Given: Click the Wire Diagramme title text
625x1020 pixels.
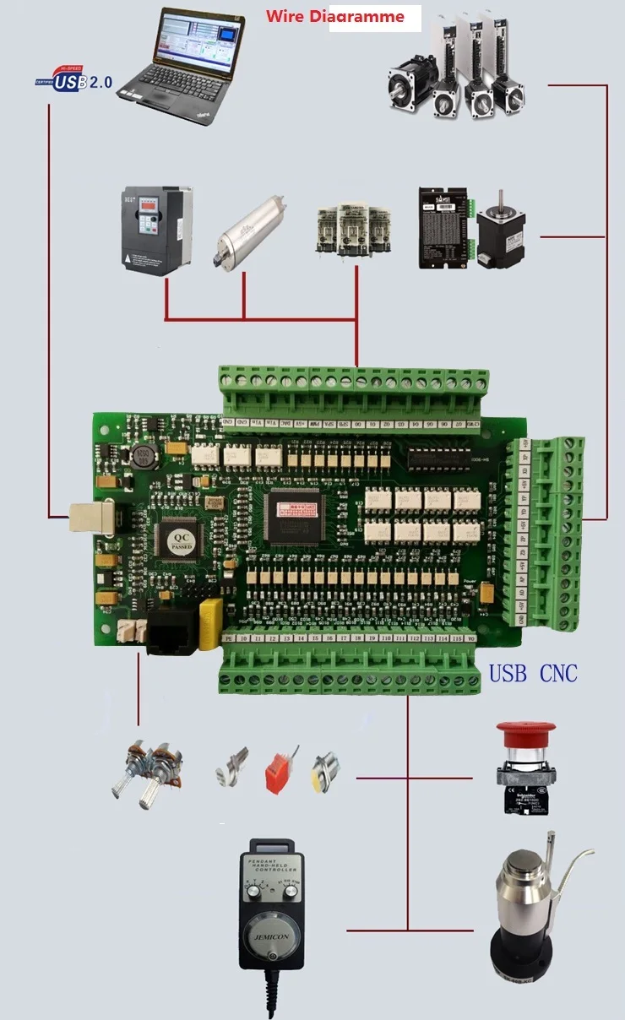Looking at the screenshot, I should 335,16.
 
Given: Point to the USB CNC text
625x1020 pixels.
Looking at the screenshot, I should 533,673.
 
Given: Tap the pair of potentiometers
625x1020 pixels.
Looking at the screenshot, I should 144,769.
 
